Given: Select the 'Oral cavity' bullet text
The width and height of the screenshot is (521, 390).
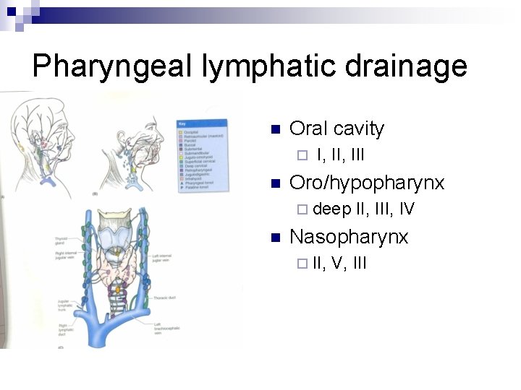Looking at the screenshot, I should pos(336,129).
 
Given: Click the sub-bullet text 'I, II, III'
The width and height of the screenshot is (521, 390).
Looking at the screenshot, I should pos(341,155).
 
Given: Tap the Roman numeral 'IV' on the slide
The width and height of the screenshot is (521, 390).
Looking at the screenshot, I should pos(407,209).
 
